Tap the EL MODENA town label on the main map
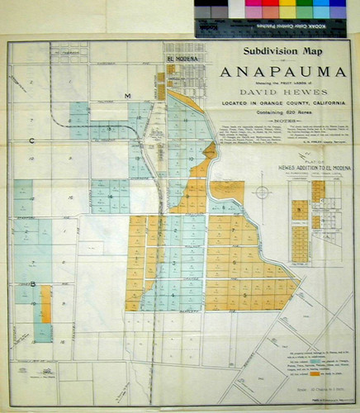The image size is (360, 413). [180, 59]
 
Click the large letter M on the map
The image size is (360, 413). [128, 97]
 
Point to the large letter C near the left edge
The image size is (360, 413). [31, 141]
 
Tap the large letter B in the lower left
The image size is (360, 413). [35, 285]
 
